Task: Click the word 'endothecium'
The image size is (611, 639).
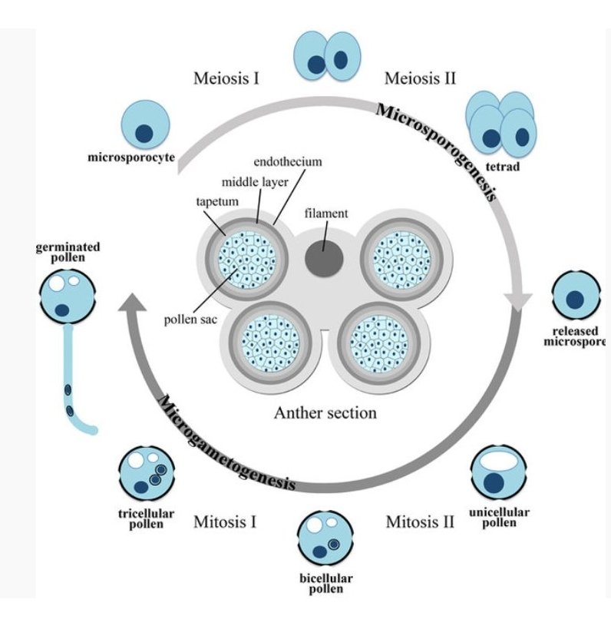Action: pyautogui.click(x=287, y=162)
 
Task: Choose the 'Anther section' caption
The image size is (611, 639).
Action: pyautogui.click(x=325, y=413)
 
